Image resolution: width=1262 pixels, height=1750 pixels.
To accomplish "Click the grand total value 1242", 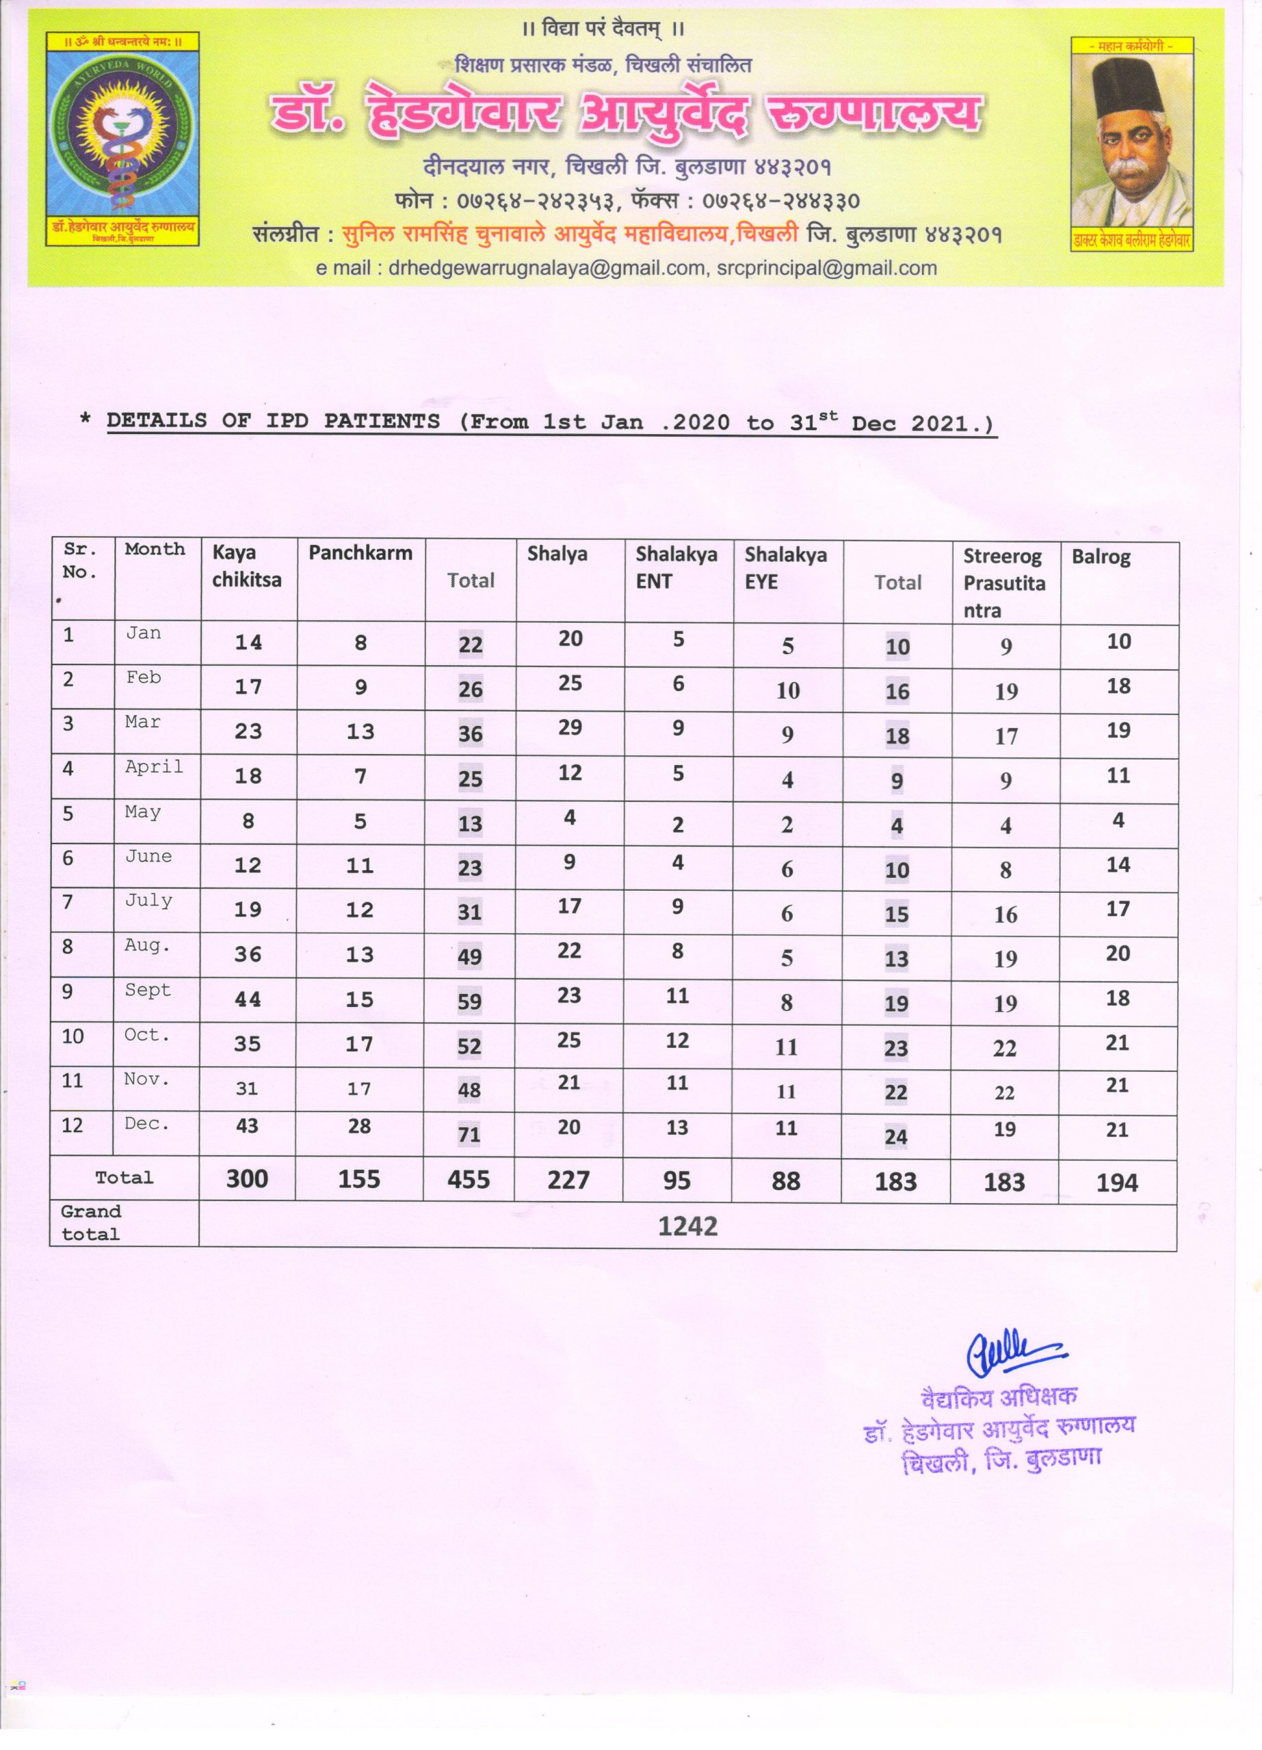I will (x=687, y=1226).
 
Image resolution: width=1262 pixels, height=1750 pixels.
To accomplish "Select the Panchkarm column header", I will (x=360, y=552).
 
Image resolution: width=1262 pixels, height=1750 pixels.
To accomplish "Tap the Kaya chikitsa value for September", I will (x=248, y=999).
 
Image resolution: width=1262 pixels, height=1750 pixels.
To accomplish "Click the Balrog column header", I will (x=1100, y=557).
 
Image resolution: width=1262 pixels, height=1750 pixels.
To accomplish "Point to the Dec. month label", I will (x=146, y=1123).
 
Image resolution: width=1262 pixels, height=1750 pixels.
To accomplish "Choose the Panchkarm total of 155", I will (x=359, y=1179).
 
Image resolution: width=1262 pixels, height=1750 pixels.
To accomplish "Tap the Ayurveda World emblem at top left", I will (x=122, y=139).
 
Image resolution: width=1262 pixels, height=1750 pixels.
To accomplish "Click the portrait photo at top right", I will (x=1131, y=142).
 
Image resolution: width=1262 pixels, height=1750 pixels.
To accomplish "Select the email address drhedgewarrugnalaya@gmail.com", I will (x=547, y=268).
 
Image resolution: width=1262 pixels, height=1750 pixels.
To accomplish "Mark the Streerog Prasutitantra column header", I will (x=1003, y=582).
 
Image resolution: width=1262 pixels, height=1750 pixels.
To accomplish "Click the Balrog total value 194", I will (x=1117, y=1182).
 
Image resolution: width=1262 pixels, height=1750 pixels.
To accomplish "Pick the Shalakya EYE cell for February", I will (x=787, y=690).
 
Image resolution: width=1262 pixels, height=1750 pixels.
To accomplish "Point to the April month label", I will (x=155, y=766).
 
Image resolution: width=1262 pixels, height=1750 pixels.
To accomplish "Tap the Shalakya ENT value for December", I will (x=677, y=1127).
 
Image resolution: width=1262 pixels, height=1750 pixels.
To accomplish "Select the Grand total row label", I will (x=91, y=1222).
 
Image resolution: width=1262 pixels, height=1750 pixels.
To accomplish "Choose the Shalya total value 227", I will (x=568, y=1180).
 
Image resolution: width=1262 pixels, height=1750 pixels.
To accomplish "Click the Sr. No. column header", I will (x=80, y=561).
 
